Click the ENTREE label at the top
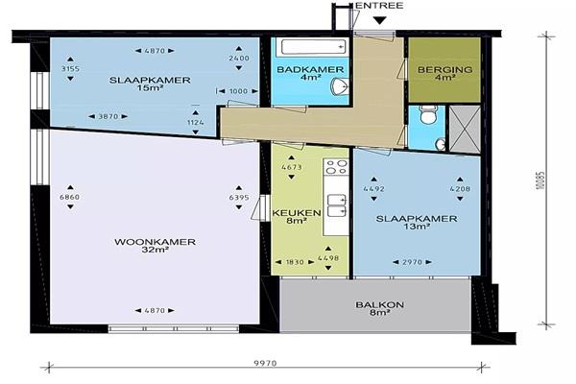point(380,6)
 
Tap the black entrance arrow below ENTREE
point(379,20)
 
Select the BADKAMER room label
point(310,69)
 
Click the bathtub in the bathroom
point(313,47)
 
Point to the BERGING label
point(444,69)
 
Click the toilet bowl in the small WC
point(427,115)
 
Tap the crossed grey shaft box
point(465,129)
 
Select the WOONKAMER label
point(155,242)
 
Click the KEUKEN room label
point(297,213)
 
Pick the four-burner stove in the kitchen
point(336,166)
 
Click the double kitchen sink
point(337,205)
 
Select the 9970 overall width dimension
point(265,364)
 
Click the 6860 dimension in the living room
point(70,197)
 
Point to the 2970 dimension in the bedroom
point(412,262)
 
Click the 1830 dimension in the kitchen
point(295,262)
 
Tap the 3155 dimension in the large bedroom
point(70,69)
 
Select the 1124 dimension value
point(196,122)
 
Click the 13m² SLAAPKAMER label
point(417,223)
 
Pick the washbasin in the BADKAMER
point(340,86)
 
